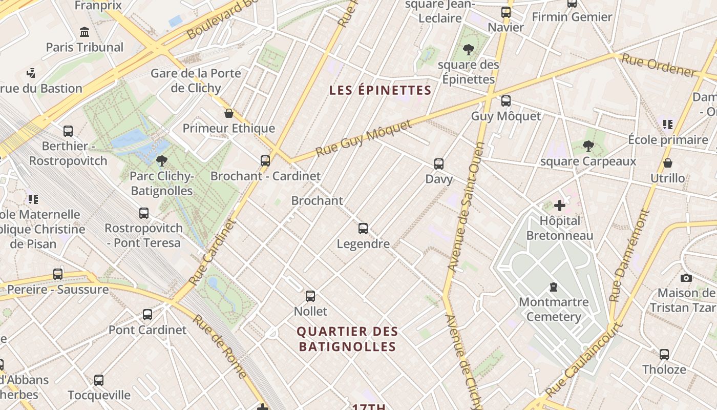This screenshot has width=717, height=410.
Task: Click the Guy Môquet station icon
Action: tap(506, 100)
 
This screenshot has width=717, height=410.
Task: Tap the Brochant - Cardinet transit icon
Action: tap(265, 160)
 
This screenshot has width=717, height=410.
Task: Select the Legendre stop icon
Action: tap(363, 228)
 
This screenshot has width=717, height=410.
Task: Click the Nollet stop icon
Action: tap(310, 296)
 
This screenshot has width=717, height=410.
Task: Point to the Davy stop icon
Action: tap(439, 163)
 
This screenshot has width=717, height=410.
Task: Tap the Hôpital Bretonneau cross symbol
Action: tap(560, 206)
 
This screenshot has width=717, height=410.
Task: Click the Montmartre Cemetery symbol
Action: tap(554, 286)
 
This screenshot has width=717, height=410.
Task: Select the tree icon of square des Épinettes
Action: tap(468, 50)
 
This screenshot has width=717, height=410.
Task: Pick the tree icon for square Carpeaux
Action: tap(588, 146)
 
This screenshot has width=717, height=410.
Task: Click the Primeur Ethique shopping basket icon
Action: tap(229, 113)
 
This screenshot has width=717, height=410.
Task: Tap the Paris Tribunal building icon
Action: tap(85, 32)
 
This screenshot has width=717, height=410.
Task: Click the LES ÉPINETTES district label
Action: tap(381, 91)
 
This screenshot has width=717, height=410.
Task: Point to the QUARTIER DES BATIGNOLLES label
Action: tap(347, 339)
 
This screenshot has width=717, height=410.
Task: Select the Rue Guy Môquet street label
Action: tap(364, 138)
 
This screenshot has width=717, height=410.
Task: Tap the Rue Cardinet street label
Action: tap(212, 252)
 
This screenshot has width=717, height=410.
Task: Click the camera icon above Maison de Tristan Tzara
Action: tap(686, 278)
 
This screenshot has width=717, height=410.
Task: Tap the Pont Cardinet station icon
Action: tap(147, 314)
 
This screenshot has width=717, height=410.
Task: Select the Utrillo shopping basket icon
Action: tap(668, 163)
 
